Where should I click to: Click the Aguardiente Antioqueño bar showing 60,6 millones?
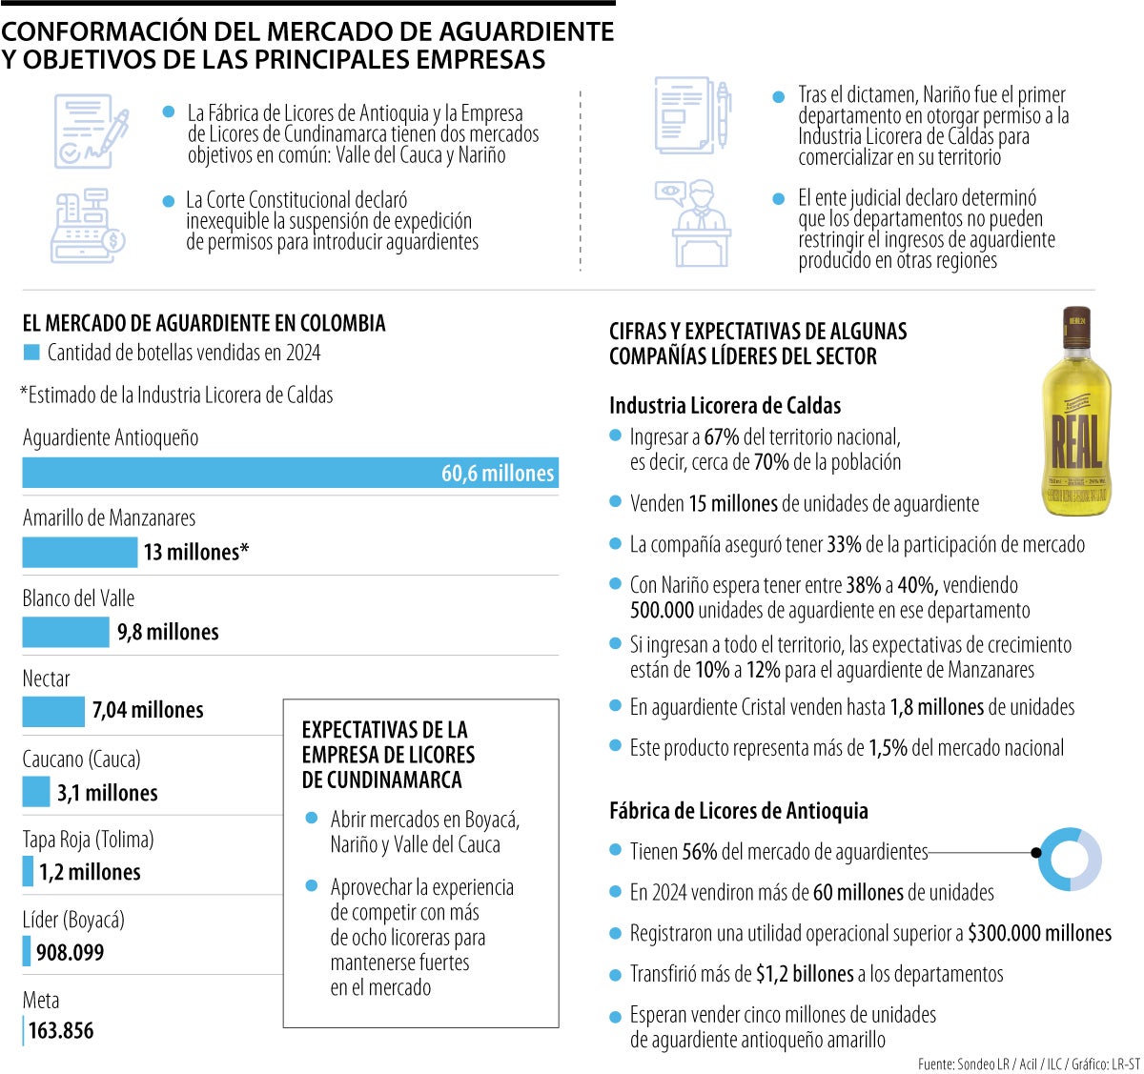pyautogui.click(x=290, y=474)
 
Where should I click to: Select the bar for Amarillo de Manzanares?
pyautogui.click(x=80, y=553)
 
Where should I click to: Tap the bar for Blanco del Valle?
pyautogui.click(x=66, y=632)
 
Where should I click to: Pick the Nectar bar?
pyautogui.click(x=53, y=711)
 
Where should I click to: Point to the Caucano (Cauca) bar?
pyautogui.click(x=36, y=792)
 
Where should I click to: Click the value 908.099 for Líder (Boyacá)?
pyautogui.click(x=71, y=952)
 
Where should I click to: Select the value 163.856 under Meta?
pyautogui.click(x=61, y=1031)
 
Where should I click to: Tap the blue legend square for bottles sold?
pyautogui.click(x=31, y=353)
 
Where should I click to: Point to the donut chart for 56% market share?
pyautogui.click(x=1070, y=859)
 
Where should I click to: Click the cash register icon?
pyautogui.click(x=88, y=227)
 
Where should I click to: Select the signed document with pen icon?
pyautogui.click(x=91, y=131)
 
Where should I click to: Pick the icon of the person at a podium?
pyautogui.click(x=694, y=224)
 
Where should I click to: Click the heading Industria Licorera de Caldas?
pyautogui.click(x=725, y=406)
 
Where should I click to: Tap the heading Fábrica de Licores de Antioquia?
pyautogui.click(x=738, y=811)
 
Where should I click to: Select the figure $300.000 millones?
pyautogui.click(x=1039, y=933)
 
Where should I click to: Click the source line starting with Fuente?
pyautogui.click(x=1029, y=1064)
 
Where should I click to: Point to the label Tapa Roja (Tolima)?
pyautogui.click(x=88, y=840)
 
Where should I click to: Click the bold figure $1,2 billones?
pyautogui.click(x=804, y=974)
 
